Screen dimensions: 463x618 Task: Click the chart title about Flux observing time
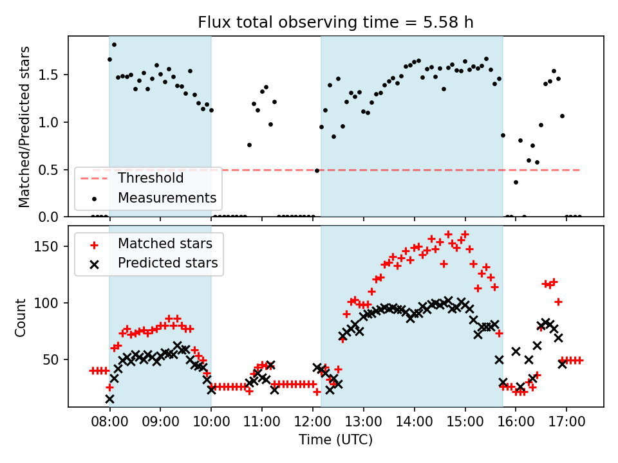(x=335, y=23)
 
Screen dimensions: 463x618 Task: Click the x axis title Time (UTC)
(x=335, y=440)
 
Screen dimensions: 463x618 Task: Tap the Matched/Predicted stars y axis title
(x=24, y=127)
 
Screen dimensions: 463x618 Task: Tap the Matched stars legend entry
(x=165, y=244)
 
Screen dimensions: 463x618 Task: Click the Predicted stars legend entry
(x=167, y=262)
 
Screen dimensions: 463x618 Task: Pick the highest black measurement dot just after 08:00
(x=114, y=44)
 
